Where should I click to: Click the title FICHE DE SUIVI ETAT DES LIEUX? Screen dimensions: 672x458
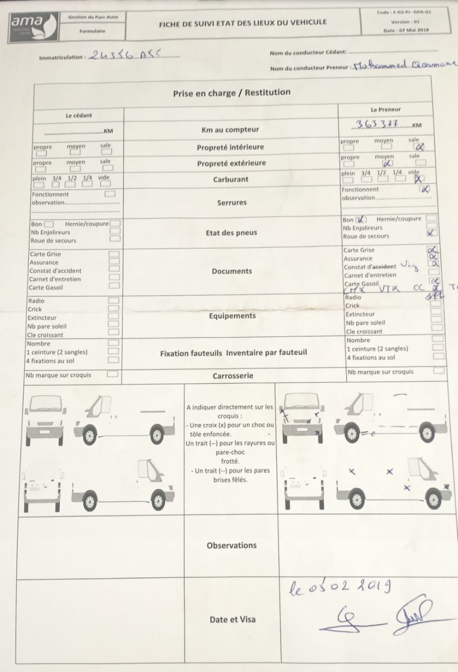[x=242, y=22]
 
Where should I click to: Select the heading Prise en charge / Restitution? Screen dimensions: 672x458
[x=231, y=92]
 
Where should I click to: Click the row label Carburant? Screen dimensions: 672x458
[x=230, y=180]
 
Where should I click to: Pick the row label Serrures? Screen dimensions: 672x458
[x=231, y=203]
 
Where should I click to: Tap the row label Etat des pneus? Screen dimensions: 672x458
[x=231, y=233]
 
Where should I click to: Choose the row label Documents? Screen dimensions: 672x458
[x=232, y=271]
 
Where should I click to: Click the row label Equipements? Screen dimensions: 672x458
[x=232, y=316]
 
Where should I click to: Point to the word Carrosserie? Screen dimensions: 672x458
[x=232, y=376]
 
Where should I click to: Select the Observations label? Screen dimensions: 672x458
[x=231, y=545]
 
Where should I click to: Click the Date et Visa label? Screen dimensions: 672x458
[x=232, y=619]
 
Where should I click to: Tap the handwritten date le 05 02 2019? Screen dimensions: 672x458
[x=339, y=586]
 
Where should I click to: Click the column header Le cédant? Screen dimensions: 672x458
[x=79, y=115]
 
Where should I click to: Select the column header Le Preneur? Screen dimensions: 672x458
[x=385, y=110]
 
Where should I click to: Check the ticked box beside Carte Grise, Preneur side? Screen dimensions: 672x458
[x=432, y=250]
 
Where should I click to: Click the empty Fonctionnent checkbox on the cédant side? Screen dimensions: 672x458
[x=110, y=194]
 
